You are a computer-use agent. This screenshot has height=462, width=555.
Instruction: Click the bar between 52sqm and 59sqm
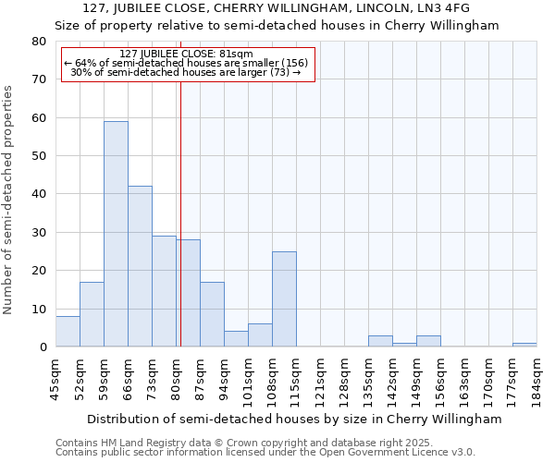click(x=92, y=314)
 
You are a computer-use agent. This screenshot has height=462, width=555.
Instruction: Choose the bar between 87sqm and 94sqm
click(x=212, y=314)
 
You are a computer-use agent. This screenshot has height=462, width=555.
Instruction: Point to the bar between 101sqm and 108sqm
click(x=260, y=335)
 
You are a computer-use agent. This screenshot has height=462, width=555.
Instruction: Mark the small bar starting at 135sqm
click(x=380, y=342)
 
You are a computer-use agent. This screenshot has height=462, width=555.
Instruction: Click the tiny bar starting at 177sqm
click(x=524, y=345)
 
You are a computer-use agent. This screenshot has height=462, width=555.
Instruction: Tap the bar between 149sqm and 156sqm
click(x=428, y=342)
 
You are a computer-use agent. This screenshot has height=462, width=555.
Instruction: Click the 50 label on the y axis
click(x=39, y=156)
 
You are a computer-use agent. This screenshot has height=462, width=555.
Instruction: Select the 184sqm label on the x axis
click(x=536, y=380)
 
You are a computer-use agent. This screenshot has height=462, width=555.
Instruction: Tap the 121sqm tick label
click(x=320, y=380)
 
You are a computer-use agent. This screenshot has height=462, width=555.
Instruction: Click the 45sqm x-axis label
click(x=55, y=380)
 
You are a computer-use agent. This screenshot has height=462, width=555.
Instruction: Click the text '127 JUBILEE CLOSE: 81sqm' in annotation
click(x=186, y=55)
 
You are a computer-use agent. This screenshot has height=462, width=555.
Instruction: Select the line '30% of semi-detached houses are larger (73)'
click(x=186, y=72)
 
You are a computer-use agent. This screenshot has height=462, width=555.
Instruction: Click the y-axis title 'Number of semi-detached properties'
click(x=8, y=200)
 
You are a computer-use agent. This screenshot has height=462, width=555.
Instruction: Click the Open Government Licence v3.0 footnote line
click(x=265, y=453)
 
